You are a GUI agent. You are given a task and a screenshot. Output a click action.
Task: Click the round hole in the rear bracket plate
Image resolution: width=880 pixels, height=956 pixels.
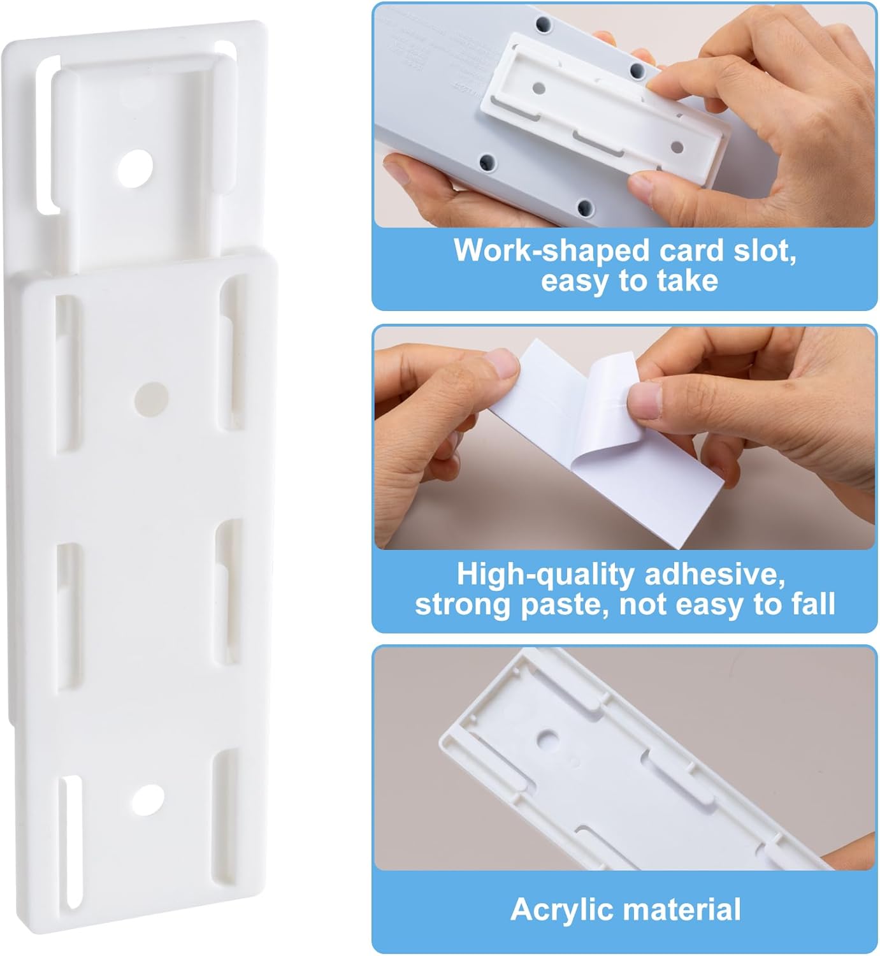pyautogui.click(x=135, y=168)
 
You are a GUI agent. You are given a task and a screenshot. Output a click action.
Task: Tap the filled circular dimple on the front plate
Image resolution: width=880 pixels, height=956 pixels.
pyautogui.click(x=152, y=398)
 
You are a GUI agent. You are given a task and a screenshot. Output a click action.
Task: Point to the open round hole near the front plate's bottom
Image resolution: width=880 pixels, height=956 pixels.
pyautogui.click(x=148, y=800)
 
